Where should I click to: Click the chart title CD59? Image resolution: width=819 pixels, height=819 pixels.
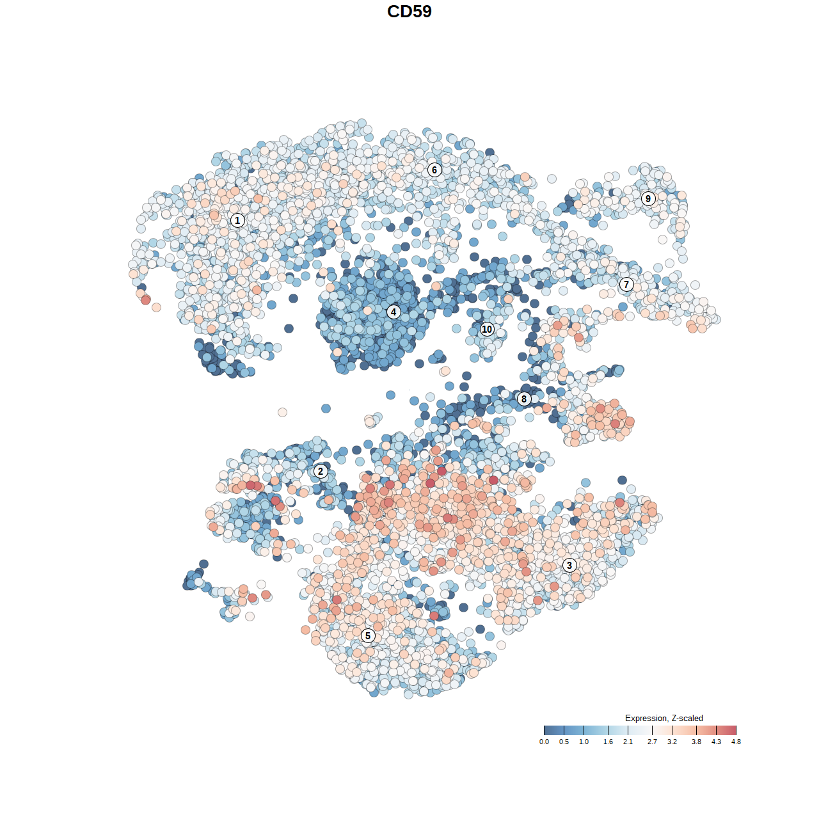coord(409,12)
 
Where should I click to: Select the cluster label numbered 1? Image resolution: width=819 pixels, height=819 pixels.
coord(237,220)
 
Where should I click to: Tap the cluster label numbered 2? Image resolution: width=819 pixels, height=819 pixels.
coord(321,472)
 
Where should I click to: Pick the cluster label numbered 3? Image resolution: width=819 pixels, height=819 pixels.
coord(569,565)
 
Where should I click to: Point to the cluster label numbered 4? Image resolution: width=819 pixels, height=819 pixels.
coord(394,312)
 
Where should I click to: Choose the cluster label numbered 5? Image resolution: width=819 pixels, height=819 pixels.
coord(368,635)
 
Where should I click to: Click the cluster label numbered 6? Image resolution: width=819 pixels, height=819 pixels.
coord(434,170)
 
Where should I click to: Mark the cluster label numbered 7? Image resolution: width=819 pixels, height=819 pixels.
coord(626,285)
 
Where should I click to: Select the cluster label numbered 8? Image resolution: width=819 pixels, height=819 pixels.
coord(524,399)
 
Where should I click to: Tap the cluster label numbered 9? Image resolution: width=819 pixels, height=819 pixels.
coord(648,198)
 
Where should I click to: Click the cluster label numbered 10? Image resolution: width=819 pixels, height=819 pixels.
coord(487,330)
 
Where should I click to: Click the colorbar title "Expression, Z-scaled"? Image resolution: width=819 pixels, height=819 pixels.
coord(664,718)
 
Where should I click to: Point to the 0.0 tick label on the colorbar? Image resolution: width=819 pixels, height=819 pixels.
coord(544,742)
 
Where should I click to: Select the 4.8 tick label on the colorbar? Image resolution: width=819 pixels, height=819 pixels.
coord(736,742)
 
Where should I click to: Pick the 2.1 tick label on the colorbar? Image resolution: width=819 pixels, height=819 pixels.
coord(628,742)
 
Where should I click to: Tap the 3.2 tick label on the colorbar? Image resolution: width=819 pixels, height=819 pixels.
coord(672,742)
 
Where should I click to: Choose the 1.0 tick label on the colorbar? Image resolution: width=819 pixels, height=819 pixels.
coord(584,742)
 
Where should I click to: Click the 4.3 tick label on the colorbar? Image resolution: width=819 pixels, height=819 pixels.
coord(716,742)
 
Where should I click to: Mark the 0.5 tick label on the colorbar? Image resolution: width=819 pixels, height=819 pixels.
coord(564,742)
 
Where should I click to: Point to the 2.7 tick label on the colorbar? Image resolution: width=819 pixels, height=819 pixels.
coord(652,742)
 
